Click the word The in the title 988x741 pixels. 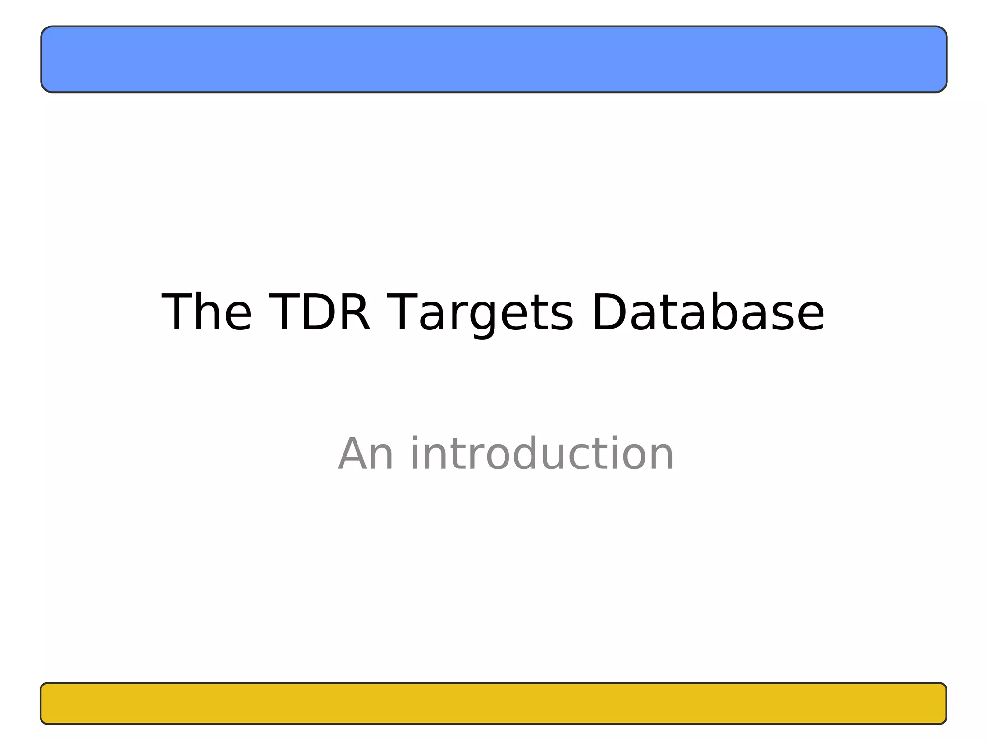point(206,313)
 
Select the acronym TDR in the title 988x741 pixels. point(319,313)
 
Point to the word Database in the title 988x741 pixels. point(708,313)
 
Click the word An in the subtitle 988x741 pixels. point(366,454)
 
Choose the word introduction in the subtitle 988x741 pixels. point(542,454)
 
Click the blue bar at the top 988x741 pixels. point(494,59)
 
